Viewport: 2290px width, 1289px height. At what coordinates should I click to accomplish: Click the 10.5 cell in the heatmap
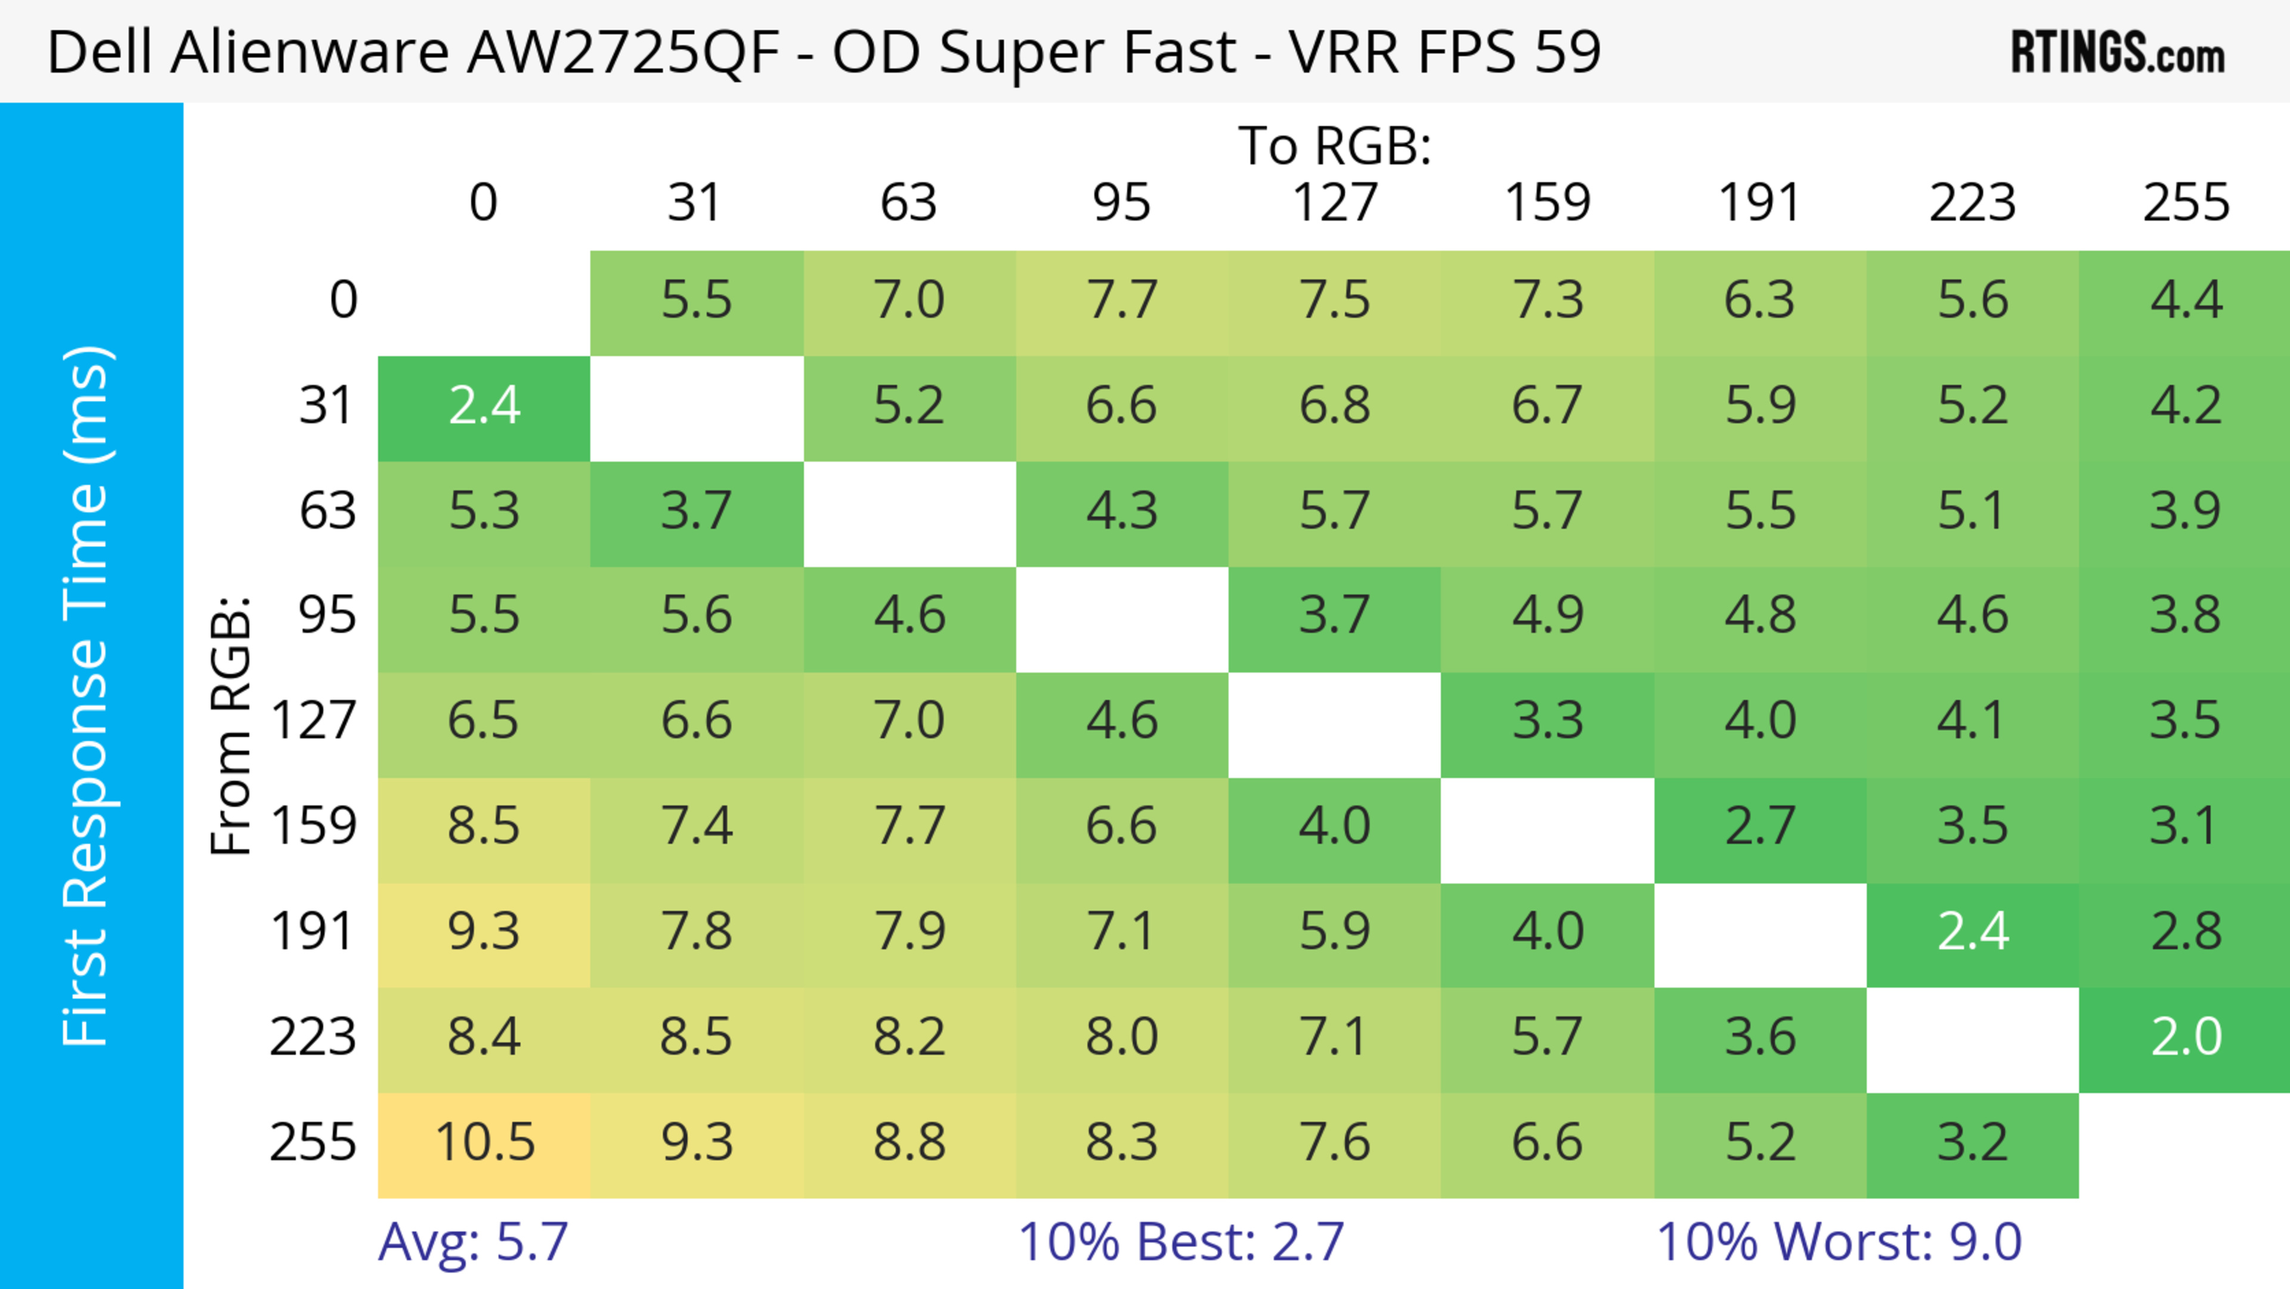(x=484, y=1143)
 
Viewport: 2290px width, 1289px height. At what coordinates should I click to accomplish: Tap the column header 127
(x=1335, y=203)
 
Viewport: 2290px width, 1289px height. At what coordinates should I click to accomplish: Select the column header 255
(x=2185, y=203)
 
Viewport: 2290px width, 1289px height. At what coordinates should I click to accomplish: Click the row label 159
(x=314, y=827)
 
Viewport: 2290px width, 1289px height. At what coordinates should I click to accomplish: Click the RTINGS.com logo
(x=2118, y=53)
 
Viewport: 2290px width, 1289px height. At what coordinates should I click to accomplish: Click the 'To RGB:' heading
(x=1335, y=147)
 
